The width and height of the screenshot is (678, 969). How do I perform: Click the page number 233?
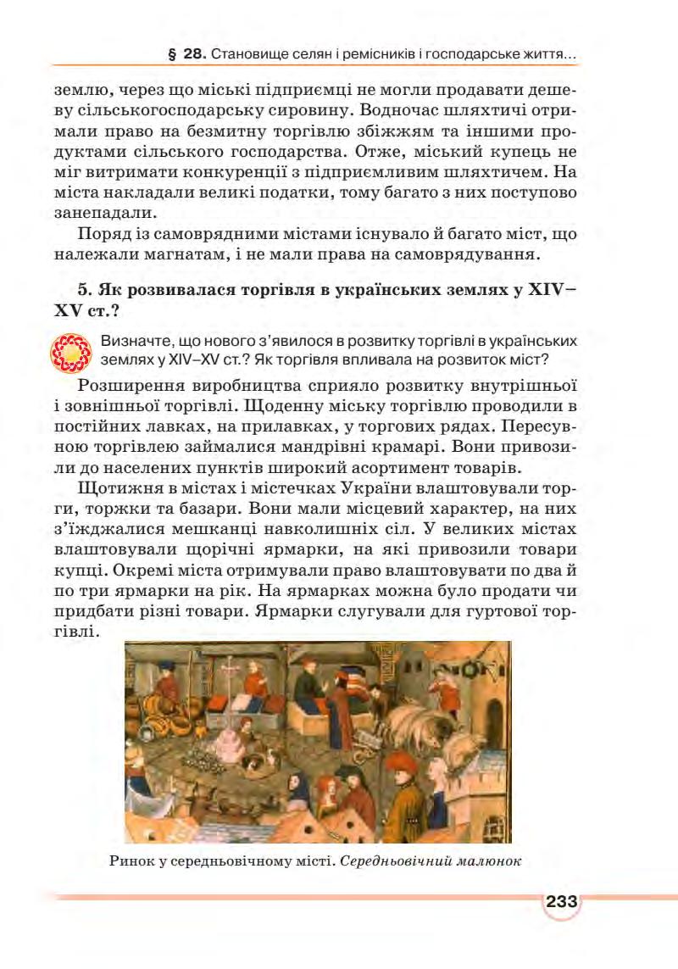(560, 901)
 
